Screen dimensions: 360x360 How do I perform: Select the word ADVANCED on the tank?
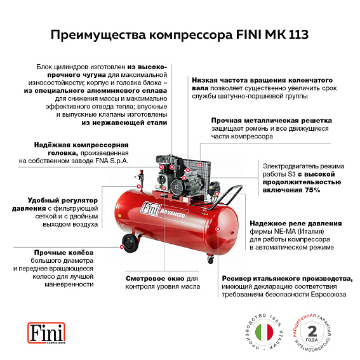172,215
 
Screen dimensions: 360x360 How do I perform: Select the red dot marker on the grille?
199,164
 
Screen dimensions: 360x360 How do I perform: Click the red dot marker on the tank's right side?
218,228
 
